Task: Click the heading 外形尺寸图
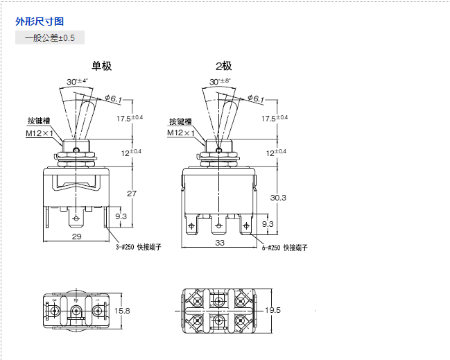[x=40, y=21]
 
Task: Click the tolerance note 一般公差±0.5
[x=50, y=37]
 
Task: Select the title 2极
[x=223, y=67]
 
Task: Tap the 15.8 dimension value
[x=123, y=311]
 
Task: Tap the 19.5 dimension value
[x=272, y=310]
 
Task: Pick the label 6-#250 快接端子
[x=284, y=247]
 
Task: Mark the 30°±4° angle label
[x=77, y=81]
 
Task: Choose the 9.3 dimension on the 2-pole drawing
[x=268, y=223]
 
